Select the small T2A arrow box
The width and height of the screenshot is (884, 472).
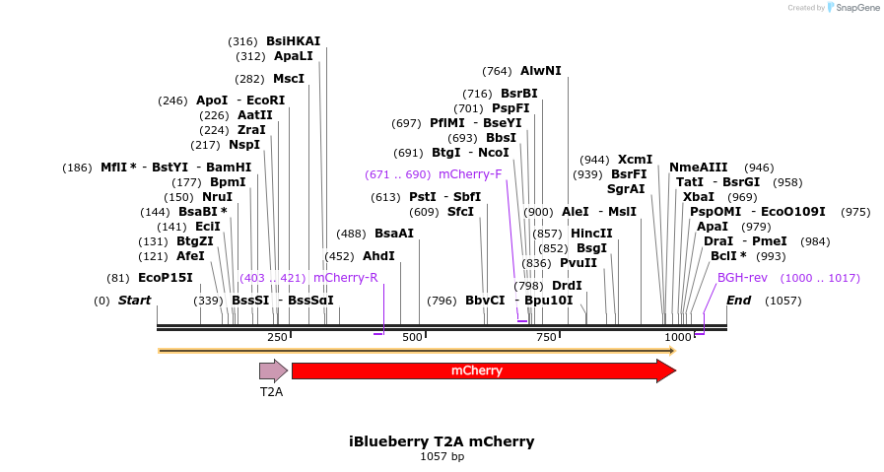pyautogui.click(x=273, y=371)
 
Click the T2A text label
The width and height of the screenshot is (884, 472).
pyautogui.click(x=271, y=392)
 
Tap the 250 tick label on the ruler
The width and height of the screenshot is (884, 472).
pyautogui.click(x=277, y=338)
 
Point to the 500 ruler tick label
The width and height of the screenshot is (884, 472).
pyautogui.click(x=412, y=338)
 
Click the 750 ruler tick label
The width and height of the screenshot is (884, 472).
pyautogui.click(x=546, y=338)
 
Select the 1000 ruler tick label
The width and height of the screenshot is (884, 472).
pyautogui.click(x=678, y=338)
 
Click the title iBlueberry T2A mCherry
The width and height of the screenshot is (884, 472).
pyautogui.click(x=442, y=441)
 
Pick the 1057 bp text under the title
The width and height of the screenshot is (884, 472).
pyautogui.click(x=442, y=456)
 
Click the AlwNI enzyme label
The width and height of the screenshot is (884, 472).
pyautogui.click(x=540, y=71)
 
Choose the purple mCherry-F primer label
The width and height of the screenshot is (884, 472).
pyautogui.click(x=470, y=174)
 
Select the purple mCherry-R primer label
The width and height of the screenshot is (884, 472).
pyautogui.click(x=345, y=278)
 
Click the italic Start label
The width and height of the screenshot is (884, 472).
pyautogui.click(x=134, y=300)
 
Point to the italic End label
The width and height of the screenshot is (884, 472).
pyautogui.click(x=738, y=300)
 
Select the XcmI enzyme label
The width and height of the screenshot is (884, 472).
pyautogui.click(x=635, y=160)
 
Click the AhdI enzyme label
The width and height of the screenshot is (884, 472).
pyautogui.click(x=378, y=256)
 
